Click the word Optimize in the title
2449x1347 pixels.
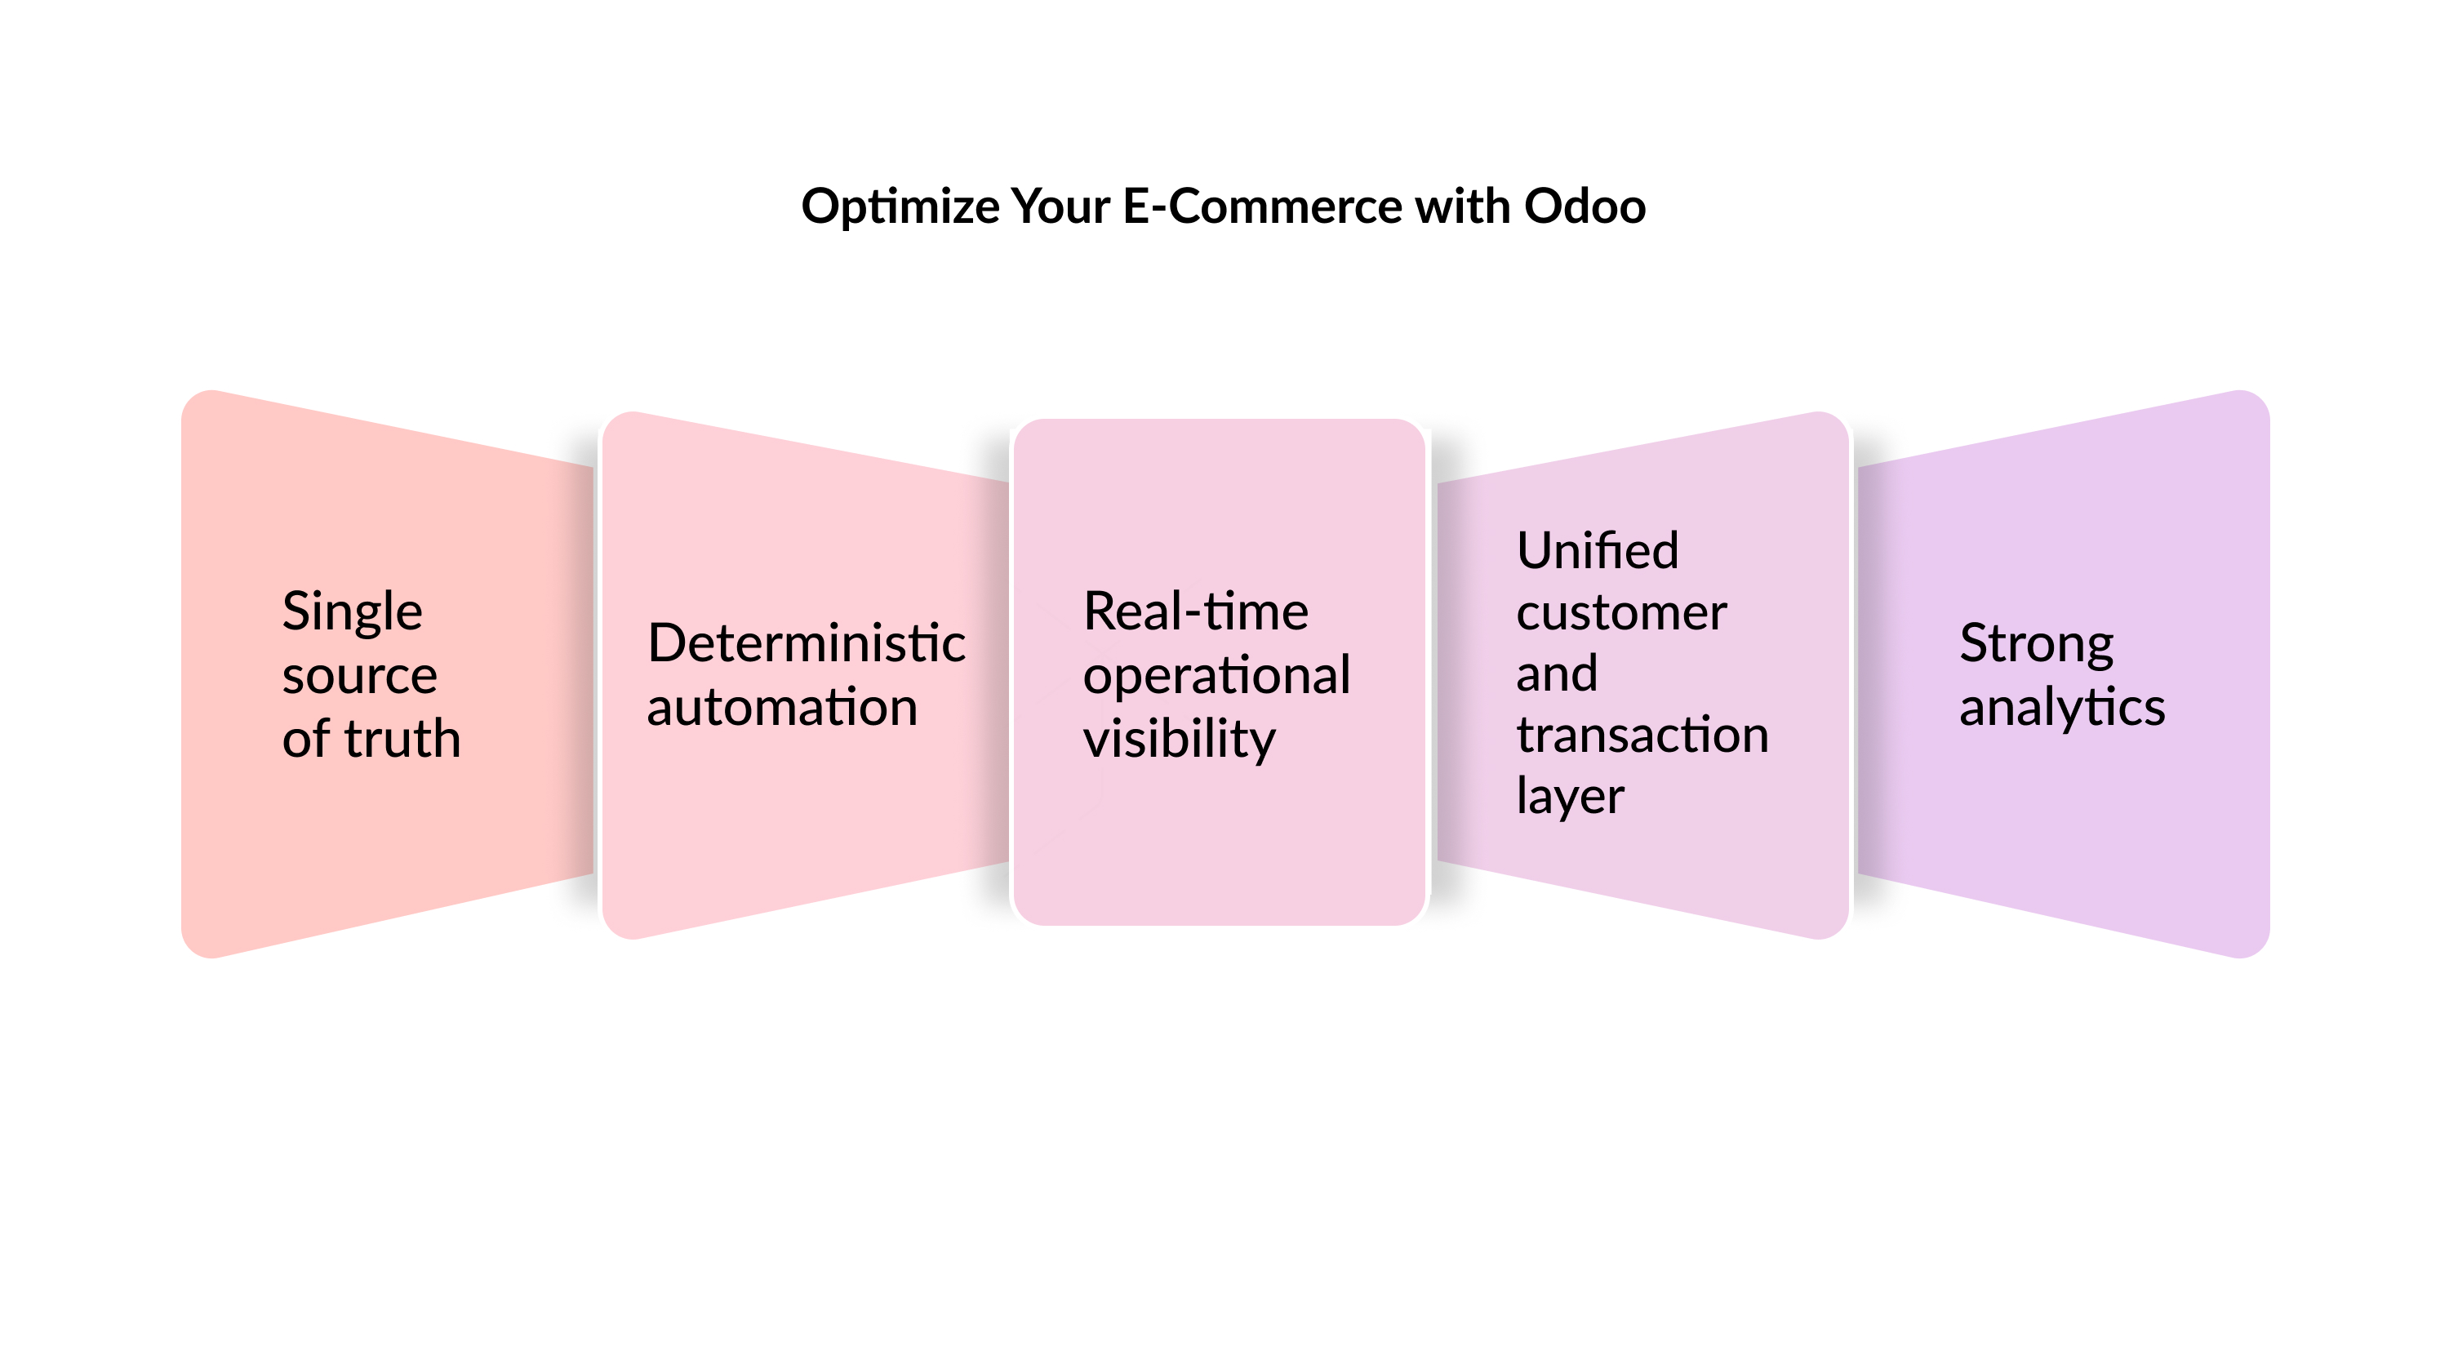pyautogui.click(x=900, y=207)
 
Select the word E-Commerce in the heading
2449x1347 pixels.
pyautogui.click(x=1261, y=207)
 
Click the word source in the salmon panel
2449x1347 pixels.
pyautogui.click(x=359, y=677)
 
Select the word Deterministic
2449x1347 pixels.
pyautogui.click(x=807, y=643)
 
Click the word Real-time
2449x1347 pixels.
pyautogui.click(x=1195, y=611)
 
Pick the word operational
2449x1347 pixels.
pyautogui.click(x=1216, y=677)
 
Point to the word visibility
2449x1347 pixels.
pyautogui.click(x=1178, y=740)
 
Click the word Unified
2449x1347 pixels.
pyautogui.click(x=1598, y=550)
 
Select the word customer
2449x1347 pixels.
pyautogui.click(x=1621, y=613)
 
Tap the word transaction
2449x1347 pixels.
pyautogui.click(x=1642, y=735)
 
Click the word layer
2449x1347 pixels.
pyautogui.click(x=1570, y=797)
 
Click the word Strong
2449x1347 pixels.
pyautogui.click(x=2035, y=644)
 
